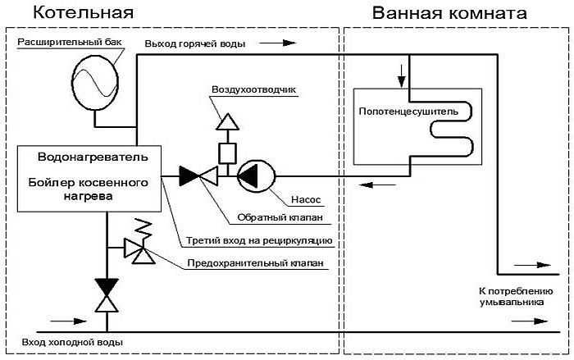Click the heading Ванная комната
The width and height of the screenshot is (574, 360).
pyautogui.click(x=449, y=13)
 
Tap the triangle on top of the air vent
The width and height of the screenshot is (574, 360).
pyautogui.click(x=226, y=121)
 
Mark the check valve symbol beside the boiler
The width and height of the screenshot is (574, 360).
pyautogui.click(x=198, y=175)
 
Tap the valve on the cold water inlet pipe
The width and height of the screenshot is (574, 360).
pyautogui.click(x=106, y=295)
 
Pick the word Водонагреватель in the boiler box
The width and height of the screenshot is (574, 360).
pyautogui.click(x=93, y=156)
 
